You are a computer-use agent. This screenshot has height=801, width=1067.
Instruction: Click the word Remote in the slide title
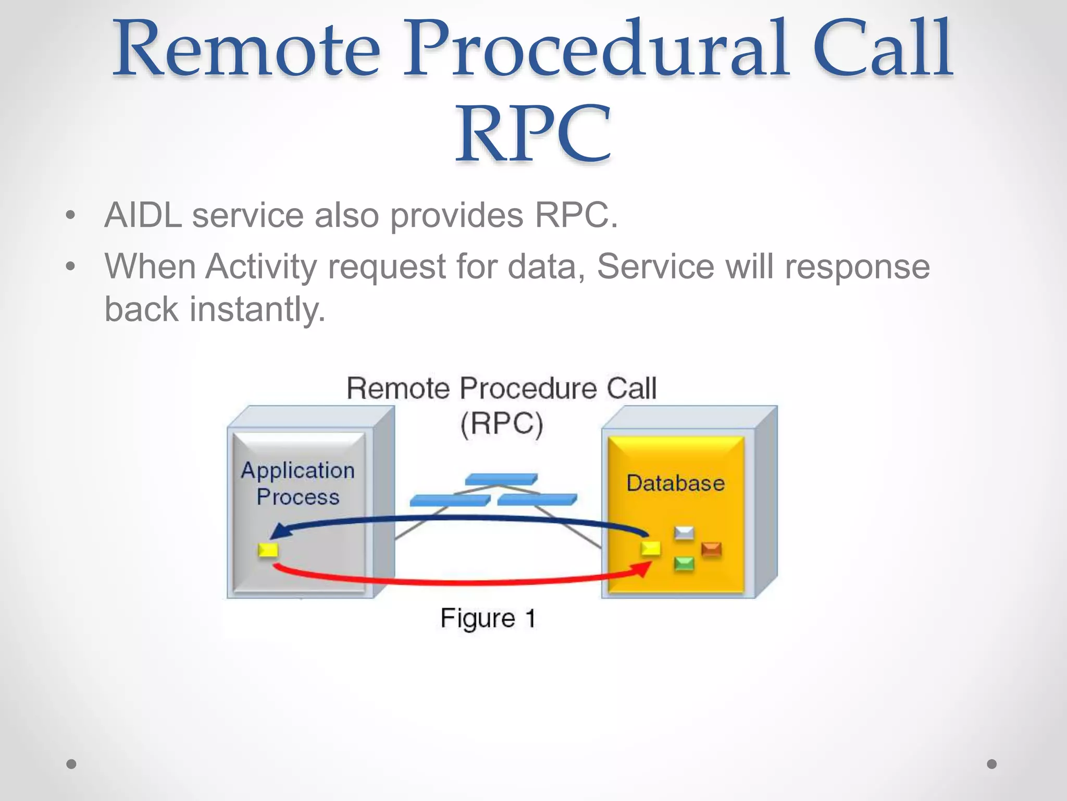tap(245, 50)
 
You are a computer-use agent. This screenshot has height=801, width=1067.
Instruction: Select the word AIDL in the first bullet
tap(143, 215)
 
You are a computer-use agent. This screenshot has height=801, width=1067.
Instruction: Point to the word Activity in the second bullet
tap(260, 267)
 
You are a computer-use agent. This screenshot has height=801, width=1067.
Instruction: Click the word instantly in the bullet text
tap(257, 309)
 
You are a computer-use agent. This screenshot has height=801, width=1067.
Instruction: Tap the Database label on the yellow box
tap(675, 483)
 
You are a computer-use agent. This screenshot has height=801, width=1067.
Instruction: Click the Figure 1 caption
tap(488, 618)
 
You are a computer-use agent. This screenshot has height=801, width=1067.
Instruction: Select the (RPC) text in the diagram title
tap(502, 423)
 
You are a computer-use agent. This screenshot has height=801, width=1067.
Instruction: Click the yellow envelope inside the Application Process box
tap(268, 550)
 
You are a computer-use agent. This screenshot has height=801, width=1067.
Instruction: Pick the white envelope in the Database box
tap(684, 533)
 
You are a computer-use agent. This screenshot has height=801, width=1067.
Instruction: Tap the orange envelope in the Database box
tap(711, 550)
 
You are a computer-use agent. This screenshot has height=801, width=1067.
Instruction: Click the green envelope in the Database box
tap(684, 564)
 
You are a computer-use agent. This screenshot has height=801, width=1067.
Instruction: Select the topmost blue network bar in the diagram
tap(501, 479)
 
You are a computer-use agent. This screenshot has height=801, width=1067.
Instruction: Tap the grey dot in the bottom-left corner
tap(71, 764)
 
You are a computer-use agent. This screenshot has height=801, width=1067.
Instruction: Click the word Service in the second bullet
tap(655, 267)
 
